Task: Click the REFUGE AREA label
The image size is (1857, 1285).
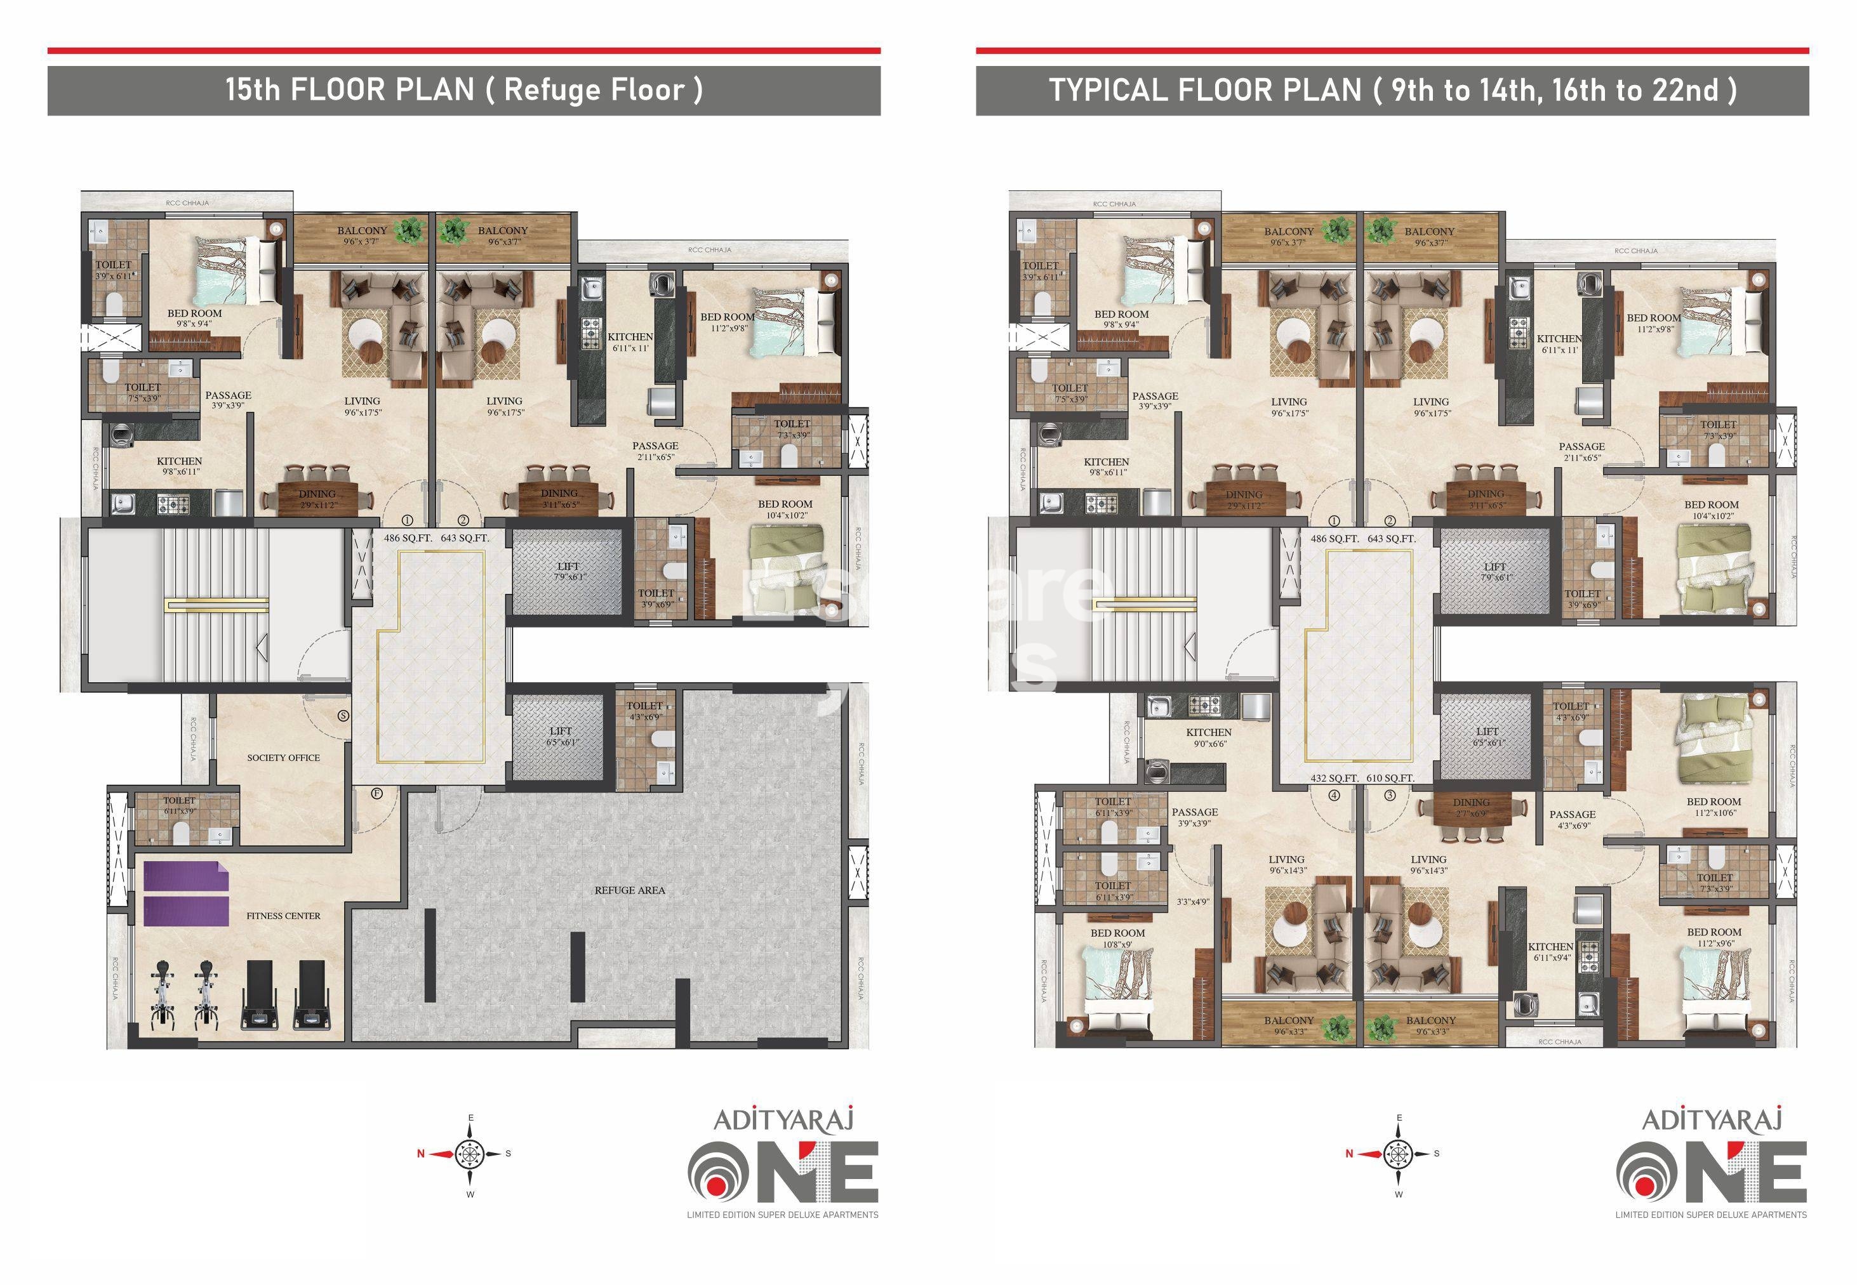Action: (629, 890)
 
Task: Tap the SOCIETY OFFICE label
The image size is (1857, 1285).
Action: (283, 758)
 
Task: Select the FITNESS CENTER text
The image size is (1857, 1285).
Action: (283, 916)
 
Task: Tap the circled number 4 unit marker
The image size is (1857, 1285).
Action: (1335, 796)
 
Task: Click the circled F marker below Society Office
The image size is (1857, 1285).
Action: (376, 794)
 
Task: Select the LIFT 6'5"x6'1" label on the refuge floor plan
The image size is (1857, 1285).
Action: (561, 737)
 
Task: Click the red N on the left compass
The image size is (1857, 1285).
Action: (420, 1154)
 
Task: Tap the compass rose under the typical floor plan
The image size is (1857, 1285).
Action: (1399, 1154)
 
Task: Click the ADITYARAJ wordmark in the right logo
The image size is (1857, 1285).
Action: (1710, 1120)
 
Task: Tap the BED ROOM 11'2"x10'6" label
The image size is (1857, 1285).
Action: (1714, 807)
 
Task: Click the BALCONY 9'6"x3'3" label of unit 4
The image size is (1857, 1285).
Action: (1288, 1025)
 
